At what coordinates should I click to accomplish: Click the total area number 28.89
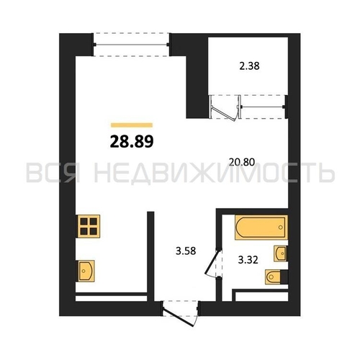pos(132,142)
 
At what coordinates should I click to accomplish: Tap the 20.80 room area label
pos(242,162)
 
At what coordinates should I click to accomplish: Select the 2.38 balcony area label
pos(249,66)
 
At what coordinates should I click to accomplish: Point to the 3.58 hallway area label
pos(186,251)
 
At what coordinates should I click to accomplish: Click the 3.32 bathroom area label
pos(248,260)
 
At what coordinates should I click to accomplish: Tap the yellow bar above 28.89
pos(132,125)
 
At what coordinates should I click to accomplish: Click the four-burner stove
pos(89,226)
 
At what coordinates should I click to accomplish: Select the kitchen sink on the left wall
pos(86,271)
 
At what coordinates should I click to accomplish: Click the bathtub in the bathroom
pos(261,228)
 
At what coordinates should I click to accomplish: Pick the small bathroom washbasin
pos(280,253)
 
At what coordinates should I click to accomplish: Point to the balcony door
pos(225,107)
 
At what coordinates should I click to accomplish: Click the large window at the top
pos(131,45)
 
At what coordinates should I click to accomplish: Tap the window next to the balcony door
pos(262,107)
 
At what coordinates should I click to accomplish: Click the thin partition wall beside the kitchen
pos(150,256)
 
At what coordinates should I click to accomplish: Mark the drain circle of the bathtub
pos(280,228)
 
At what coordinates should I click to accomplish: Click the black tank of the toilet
pos(284,277)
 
